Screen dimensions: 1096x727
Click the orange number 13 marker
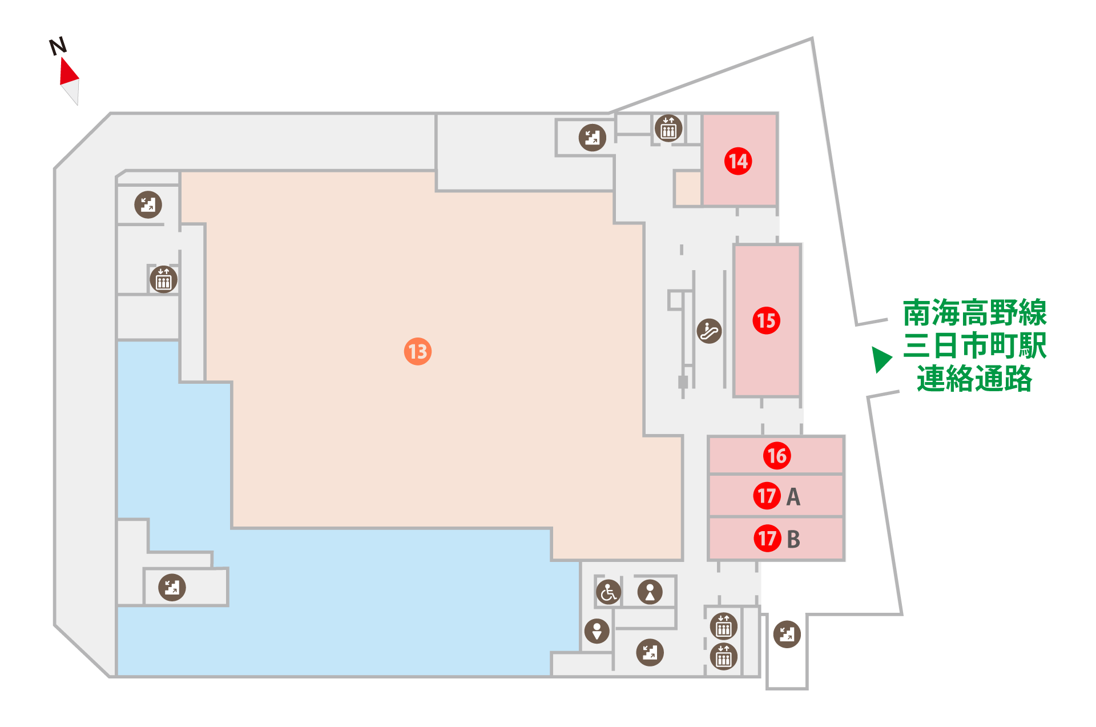417,351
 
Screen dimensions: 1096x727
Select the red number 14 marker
738,161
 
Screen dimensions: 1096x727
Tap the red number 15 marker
766,320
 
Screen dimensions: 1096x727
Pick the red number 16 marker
777,456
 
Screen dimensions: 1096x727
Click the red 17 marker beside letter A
767,496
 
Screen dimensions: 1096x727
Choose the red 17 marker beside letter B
767,538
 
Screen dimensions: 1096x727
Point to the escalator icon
709,331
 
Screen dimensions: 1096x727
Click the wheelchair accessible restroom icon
609,592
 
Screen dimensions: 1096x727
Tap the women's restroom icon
650,592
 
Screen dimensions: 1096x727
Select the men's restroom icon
597,631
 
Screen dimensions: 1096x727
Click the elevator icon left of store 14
668,128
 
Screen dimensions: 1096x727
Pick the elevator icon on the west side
164,279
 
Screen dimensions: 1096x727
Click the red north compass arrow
68,71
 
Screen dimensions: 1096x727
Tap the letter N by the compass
58,46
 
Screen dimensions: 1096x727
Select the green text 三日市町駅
974,346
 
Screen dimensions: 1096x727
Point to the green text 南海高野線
974,313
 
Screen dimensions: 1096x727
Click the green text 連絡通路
974,379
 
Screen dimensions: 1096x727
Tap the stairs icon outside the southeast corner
787,634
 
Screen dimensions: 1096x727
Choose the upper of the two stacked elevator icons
724,626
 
